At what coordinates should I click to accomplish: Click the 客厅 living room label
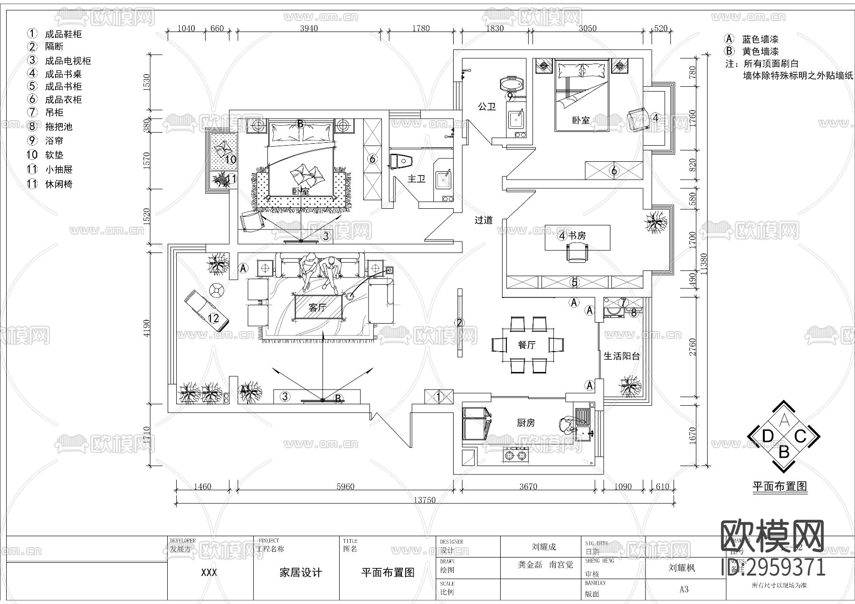pos(317,307)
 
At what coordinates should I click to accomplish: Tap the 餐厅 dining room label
pos(526,345)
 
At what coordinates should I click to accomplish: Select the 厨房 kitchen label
pos(526,422)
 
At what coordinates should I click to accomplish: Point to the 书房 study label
pos(577,235)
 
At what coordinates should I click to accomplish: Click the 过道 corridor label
pos(483,220)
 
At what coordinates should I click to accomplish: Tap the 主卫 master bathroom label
pos(416,178)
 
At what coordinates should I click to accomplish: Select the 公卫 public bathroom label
pos(487,106)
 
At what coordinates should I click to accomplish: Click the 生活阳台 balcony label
pos(622,356)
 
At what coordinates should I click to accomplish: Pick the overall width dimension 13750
pos(424,500)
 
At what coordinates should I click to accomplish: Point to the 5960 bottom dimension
pos(345,486)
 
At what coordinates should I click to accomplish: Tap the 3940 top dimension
pos(309,28)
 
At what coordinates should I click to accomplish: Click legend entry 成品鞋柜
pos(63,34)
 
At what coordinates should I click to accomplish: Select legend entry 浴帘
pos(54,141)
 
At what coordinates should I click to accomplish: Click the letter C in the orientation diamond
pos(800,436)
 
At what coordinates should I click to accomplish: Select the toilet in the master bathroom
pos(400,161)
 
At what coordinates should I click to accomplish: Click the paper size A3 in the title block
pos(684,589)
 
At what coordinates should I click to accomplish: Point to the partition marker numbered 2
pos(459,323)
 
